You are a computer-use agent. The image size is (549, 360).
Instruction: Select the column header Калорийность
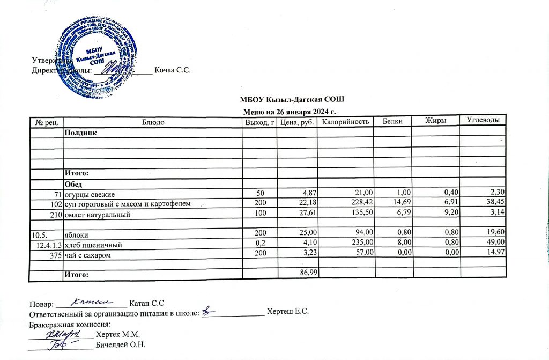point(345,122)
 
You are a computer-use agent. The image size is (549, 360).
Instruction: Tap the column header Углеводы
point(484,122)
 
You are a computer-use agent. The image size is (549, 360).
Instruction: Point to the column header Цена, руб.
point(296,122)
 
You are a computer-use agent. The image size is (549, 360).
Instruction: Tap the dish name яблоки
point(76,235)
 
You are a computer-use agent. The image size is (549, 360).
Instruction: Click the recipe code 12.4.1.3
point(48,245)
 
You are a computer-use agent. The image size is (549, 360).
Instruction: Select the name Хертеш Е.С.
point(288,312)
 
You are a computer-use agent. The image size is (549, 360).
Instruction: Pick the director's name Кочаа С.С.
point(173,70)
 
